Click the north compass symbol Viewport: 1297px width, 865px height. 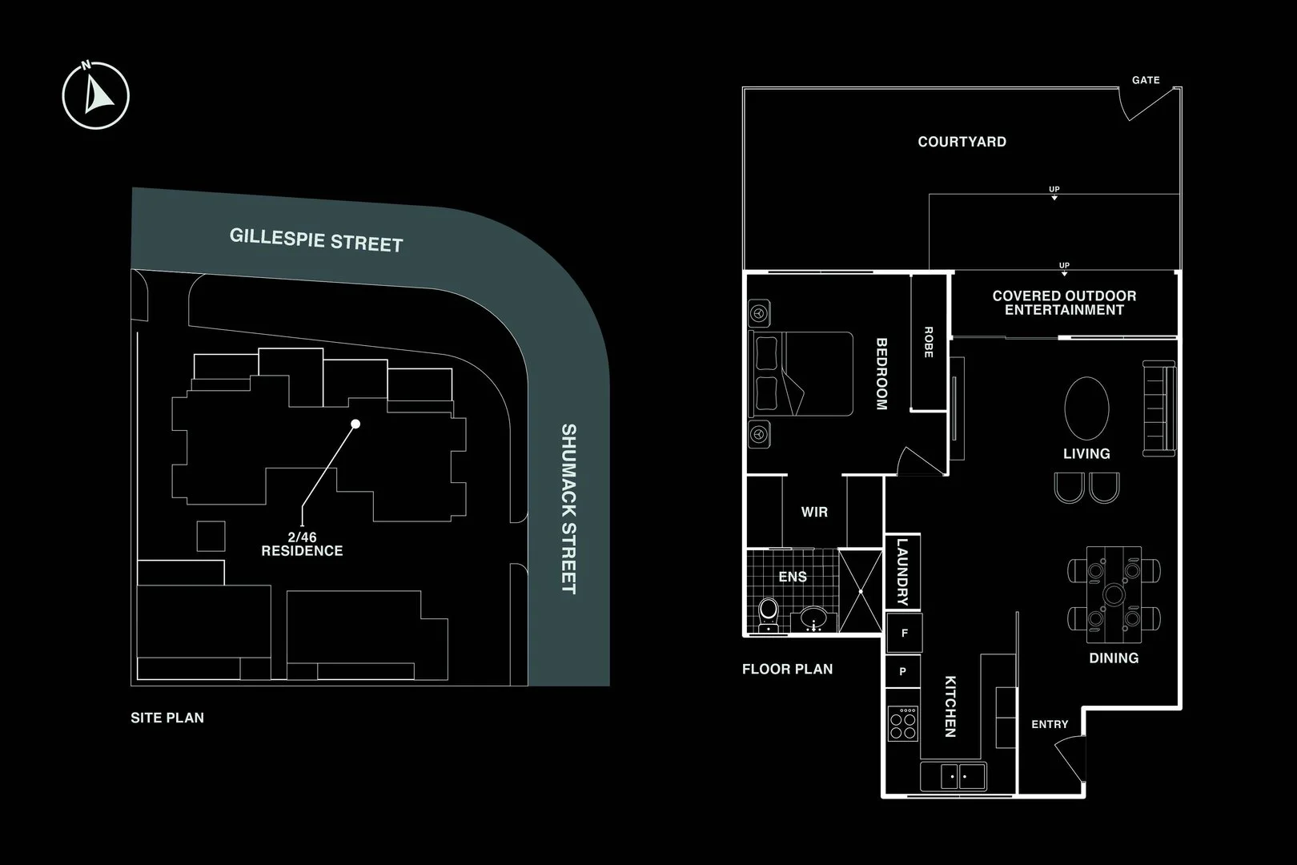[x=96, y=95]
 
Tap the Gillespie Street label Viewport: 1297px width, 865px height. [x=316, y=239]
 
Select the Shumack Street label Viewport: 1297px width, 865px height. [x=568, y=509]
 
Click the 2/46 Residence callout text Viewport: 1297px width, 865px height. [x=302, y=545]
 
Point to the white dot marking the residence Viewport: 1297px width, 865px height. [x=356, y=424]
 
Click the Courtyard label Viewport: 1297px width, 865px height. [x=962, y=142]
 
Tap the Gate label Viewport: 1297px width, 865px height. [x=1146, y=80]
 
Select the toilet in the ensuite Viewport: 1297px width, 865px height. [x=769, y=613]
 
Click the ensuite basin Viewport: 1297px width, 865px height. [x=815, y=618]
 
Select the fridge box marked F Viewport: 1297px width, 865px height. [x=905, y=633]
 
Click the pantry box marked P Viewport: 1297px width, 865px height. [x=903, y=672]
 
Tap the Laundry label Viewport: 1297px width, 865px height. [x=902, y=572]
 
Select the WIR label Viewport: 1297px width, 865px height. [x=814, y=512]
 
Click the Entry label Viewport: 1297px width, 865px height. [x=1050, y=724]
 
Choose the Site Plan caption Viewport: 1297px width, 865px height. [x=167, y=718]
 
